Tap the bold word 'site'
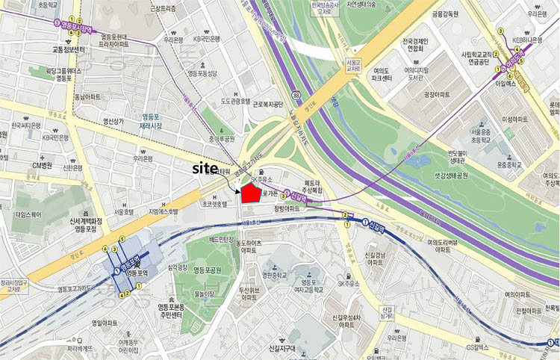click(x=207, y=168)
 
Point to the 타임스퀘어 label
click(x=31, y=214)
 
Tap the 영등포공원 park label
click(x=208, y=270)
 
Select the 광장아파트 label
click(x=439, y=95)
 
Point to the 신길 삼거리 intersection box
click(x=386, y=311)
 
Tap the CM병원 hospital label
click(x=42, y=165)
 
